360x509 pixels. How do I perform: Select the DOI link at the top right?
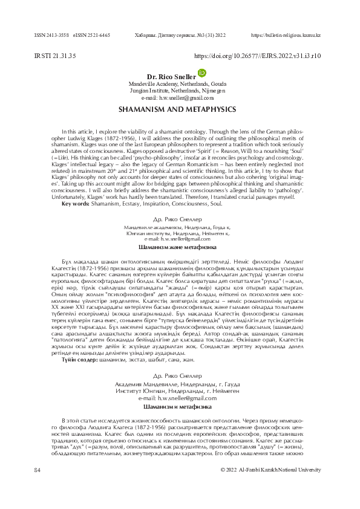(257, 56)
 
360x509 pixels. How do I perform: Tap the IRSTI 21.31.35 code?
(56, 56)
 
